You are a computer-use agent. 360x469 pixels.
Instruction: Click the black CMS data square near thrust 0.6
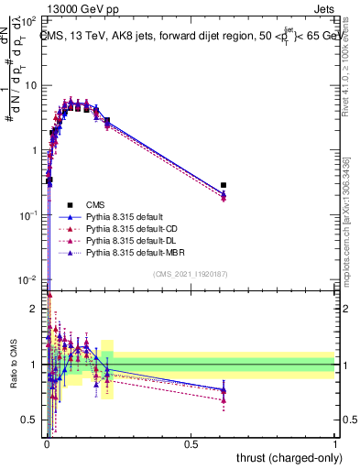pyautogui.click(x=224, y=185)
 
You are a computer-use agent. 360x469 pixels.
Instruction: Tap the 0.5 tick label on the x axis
pyautogui.click(x=191, y=444)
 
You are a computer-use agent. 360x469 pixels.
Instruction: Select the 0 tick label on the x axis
pyautogui.click(x=47, y=444)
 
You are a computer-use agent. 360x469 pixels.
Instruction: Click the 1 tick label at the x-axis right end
pyautogui.click(x=335, y=444)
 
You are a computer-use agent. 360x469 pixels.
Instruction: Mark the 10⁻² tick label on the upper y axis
pyautogui.click(x=29, y=279)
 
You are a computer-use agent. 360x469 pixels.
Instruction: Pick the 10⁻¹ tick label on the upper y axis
pyautogui.click(x=29, y=214)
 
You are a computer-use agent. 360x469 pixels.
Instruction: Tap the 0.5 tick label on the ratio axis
pyautogui.click(x=31, y=420)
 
